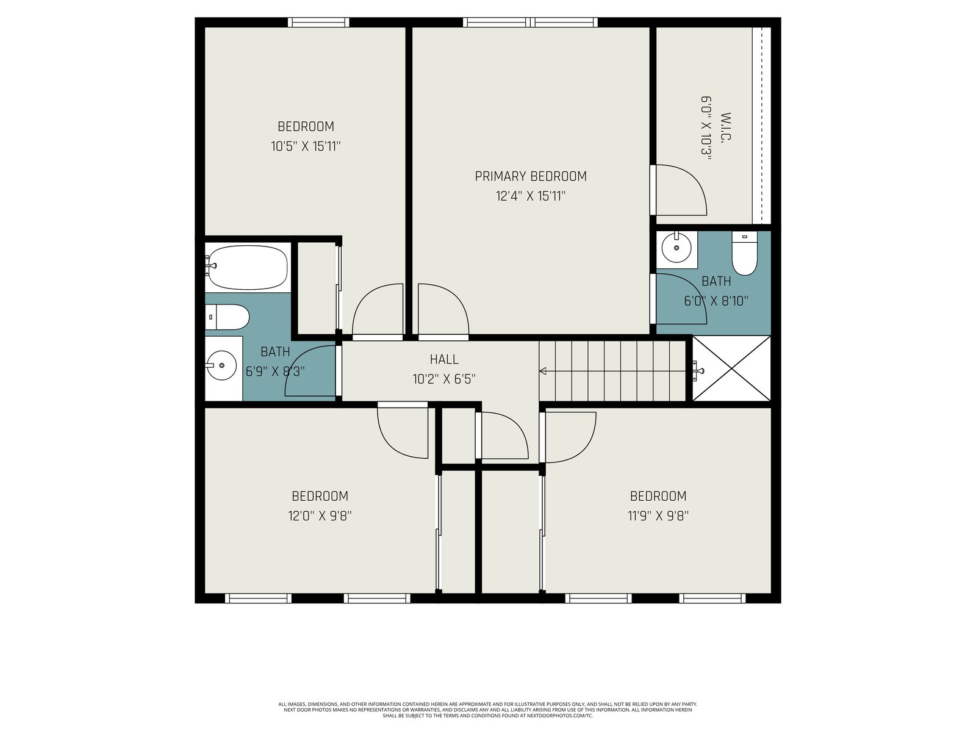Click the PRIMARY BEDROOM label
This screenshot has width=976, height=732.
[x=531, y=176]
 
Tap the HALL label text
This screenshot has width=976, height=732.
[x=443, y=359]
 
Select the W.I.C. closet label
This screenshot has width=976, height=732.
[x=725, y=127]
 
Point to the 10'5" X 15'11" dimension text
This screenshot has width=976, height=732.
[x=306, y=146]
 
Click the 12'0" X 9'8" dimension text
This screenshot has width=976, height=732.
[x=320, y=516]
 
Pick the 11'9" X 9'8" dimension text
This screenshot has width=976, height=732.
[x=658, y=516]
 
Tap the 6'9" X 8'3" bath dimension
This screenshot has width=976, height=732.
[x=275, y=371]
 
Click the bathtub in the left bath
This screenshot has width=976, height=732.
[x=247, y=268]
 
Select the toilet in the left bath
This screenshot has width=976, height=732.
[x=227, y=317]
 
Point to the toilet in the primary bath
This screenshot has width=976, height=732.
[x=744, y=254]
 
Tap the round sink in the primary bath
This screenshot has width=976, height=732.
[x=676, y=247]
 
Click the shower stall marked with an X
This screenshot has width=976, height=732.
[x=731, y=368]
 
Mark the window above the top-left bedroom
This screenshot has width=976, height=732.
[x=318, y=22]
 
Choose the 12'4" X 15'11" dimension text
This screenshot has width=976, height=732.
[x=531, y=196]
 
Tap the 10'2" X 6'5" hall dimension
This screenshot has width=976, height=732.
[x=443, y=379]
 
